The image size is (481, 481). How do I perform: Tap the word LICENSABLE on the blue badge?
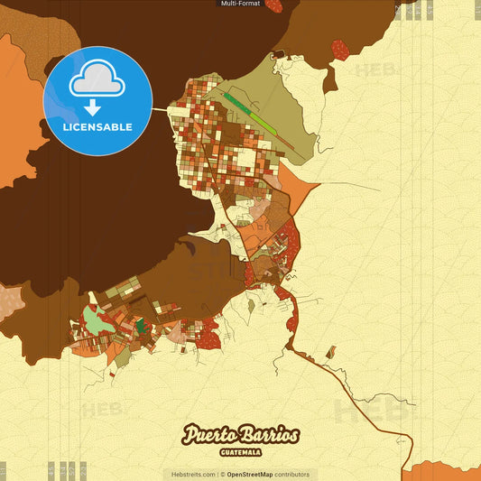[x=97, y=127]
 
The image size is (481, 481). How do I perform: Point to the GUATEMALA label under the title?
[x=240, y=451]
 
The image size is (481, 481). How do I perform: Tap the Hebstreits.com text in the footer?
[x=191, y=474]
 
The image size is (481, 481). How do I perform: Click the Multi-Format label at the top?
[x=240, y=4]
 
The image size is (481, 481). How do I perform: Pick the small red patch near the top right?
[x=340, y=50]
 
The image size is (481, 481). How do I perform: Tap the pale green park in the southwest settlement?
[x=94, y=318]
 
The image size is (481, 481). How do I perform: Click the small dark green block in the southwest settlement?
[x=140, y=326]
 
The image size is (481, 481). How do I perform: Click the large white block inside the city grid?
[x=245, y=162]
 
